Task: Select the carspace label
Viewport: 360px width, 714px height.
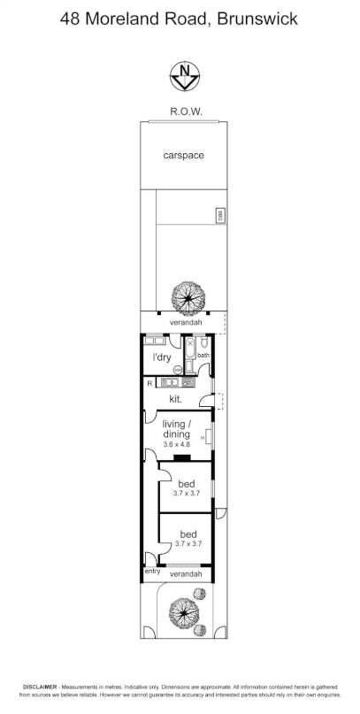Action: pos(183,156)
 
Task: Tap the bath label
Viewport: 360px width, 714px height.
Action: pos(203,356)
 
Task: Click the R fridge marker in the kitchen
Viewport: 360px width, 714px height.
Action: pos(149,383)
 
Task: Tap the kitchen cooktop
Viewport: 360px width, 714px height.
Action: pos(186,383)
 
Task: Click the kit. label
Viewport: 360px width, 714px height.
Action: pos(176,400)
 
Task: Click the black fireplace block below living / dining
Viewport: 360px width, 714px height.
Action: pos(180,458)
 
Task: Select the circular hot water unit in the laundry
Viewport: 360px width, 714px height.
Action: pos(177,370)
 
